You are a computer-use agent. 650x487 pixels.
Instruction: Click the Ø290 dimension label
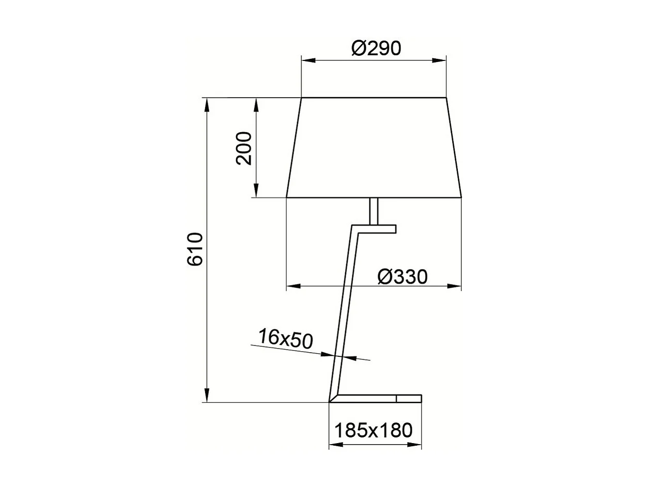click(x=376, y=48)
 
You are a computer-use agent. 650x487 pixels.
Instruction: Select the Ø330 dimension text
click(x=403, y=277)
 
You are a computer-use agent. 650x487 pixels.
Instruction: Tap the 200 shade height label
click(x=244, y=148)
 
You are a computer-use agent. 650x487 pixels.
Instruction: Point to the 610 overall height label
click(x=195, y=249)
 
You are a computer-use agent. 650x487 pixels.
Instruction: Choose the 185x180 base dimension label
click(x=374, y=430)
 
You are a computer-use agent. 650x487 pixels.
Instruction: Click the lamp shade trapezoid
click(x=374, y=147)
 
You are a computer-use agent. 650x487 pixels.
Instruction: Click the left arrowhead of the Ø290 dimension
click(x=308, y=60)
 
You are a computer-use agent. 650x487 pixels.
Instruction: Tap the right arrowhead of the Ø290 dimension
click(x=440, y=60)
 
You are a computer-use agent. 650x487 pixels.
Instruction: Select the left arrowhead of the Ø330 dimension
click(x=293, y=286)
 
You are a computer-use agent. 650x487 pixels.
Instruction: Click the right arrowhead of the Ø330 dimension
click(x=455, y=286)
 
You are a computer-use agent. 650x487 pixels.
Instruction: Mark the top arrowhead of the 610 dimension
click(x=207, y=104)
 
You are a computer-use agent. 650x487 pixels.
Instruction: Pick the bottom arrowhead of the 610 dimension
click(x=207, y=396)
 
